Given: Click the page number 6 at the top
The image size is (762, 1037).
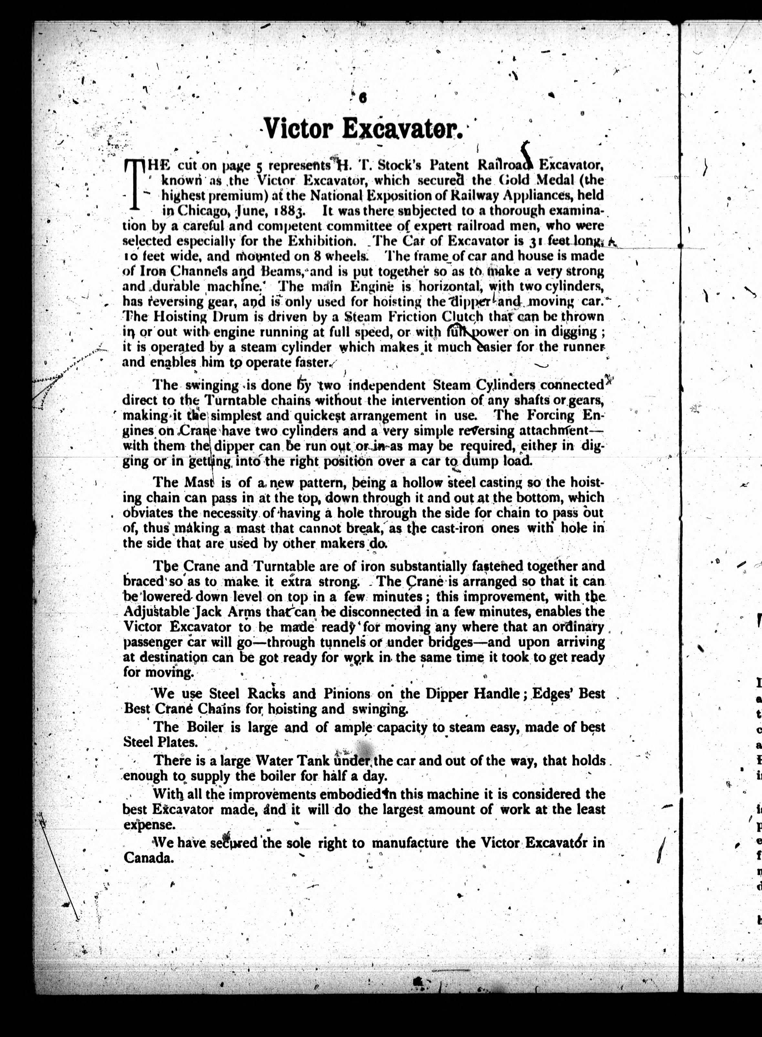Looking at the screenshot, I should coord(363,98).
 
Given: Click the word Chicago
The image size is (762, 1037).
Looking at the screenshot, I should coord(203,211).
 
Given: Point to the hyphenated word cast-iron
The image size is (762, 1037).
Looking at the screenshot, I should coord(462,528).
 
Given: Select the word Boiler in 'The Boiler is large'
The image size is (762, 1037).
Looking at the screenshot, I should coord(203,727).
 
